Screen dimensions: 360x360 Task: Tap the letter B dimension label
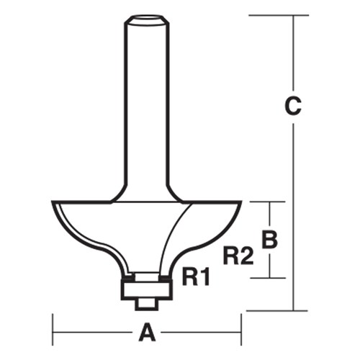pos(269,238)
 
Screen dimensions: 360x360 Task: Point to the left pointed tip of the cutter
pos(54,203)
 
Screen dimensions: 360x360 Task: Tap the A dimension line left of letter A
pos(94,333)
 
